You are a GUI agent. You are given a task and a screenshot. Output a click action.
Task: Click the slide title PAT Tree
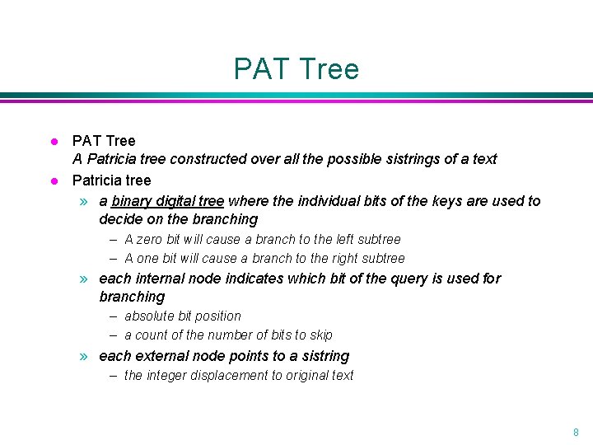tap(296, 68)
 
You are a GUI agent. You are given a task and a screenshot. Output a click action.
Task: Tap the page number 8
tap(576, 432)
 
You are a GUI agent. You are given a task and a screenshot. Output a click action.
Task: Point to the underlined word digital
tap(176, 201)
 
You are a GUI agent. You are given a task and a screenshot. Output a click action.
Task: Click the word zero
tap(151, 239)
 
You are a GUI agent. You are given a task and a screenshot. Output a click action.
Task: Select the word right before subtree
tap(339, 258)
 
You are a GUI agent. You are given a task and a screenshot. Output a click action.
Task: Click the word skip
tap(320, 335)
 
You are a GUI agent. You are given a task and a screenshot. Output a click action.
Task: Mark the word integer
tap(168, 375)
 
